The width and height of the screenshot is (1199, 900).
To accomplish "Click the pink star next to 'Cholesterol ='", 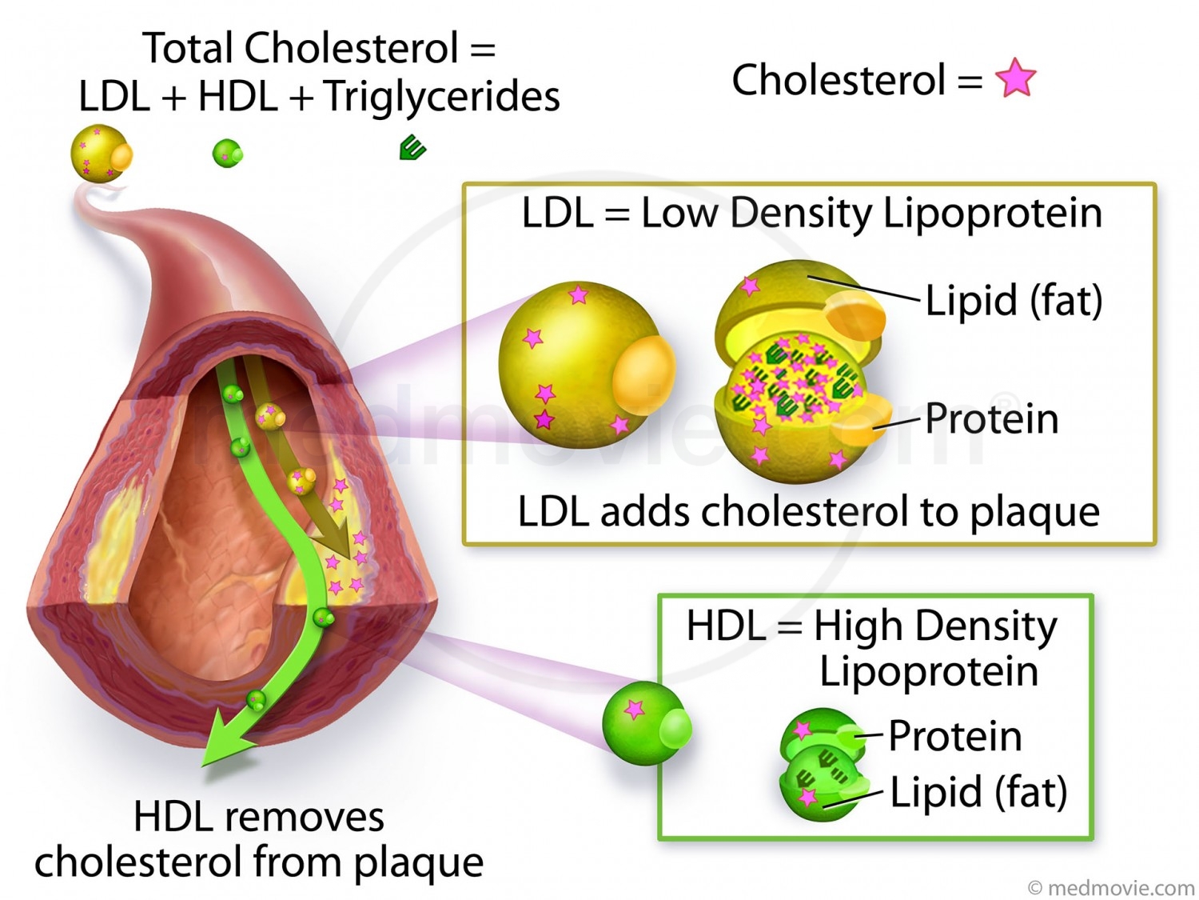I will pyautogui.click(x=1015, y=78).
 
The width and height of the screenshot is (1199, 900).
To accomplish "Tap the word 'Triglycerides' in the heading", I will pyautogui.click(x=441, y=97).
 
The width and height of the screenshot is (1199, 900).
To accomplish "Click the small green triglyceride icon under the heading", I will pyautogui.click(x=412, y=148).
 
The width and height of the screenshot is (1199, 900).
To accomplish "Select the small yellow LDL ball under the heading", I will pyautogui.click(x=99, y=154).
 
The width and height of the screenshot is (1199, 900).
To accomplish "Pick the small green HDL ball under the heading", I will pyautogui.click(x=227, y=152).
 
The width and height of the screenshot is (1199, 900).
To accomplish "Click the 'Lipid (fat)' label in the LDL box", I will pyautogui.click(x=1014, y=301).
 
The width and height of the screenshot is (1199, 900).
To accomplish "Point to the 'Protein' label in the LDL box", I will pyautogui.click(x=991, y=418).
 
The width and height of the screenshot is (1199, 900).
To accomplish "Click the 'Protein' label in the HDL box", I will pyautogui.click(x=954, y=735).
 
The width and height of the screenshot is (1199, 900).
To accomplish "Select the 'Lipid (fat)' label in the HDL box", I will pyautogui.click(x=978, y=792).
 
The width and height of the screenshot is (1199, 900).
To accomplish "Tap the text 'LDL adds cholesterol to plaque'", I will pyautogui.click(x=808, y=511).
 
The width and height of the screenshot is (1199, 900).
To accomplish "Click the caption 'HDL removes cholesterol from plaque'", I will pyautogui.click(x=259, y=840).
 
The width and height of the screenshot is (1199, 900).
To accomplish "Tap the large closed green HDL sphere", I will pyautogui.click(x=643, y=723).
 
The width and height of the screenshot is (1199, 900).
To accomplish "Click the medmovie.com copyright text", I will pyautogui.click(x=1111, y=887).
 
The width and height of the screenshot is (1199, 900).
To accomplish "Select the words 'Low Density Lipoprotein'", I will pyautogui.click(x=871, y=214).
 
